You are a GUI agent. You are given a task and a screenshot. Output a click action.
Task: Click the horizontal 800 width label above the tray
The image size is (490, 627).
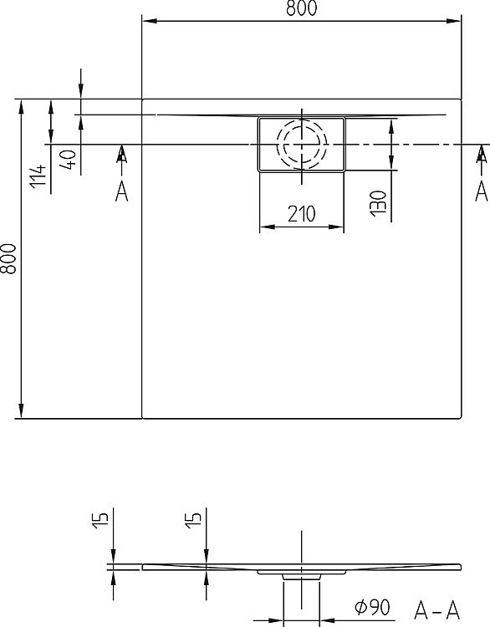302,10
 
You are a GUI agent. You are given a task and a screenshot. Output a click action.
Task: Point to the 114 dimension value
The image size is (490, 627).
37,176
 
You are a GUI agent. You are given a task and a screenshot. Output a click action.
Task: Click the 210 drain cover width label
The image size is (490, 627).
301,214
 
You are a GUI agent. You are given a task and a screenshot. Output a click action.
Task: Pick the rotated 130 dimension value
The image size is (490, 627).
379,202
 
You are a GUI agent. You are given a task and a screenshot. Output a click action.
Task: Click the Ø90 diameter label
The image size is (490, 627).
370,608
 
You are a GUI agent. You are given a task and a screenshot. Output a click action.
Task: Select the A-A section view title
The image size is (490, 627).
438,608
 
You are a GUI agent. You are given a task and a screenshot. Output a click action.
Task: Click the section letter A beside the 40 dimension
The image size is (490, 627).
121,191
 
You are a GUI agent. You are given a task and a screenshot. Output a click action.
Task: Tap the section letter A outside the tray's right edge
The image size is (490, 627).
481,191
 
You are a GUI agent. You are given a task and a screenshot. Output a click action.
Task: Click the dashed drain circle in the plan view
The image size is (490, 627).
301,145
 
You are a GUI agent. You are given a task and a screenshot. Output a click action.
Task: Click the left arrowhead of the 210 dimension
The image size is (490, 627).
264,227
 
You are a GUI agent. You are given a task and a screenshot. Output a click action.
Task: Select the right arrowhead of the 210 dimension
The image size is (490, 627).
339,227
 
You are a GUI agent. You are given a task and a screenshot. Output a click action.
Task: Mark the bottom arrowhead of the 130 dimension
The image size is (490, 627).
391,166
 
